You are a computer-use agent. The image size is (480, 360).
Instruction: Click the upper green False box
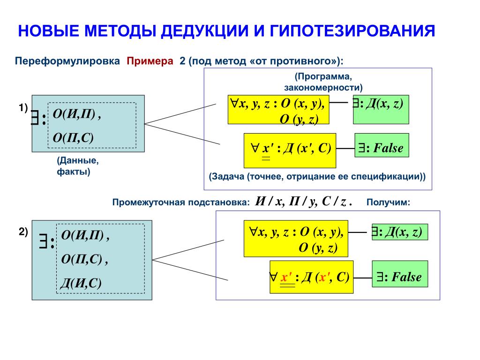382,148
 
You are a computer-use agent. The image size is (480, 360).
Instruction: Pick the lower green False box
400,277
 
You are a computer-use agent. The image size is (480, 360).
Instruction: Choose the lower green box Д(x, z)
399,232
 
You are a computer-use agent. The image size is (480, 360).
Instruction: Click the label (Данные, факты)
77,166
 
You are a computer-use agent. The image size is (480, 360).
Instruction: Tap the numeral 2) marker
23,232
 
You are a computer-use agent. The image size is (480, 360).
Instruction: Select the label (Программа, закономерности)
323,82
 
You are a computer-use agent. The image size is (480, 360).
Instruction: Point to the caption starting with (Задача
317,177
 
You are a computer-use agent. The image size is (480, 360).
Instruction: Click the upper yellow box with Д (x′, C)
290,150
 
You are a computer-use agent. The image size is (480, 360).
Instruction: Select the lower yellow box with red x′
310,277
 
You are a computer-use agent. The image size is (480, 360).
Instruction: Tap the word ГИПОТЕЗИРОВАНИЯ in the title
352,31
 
